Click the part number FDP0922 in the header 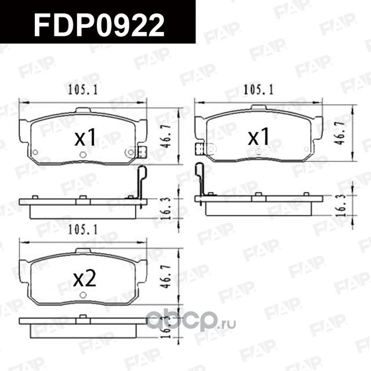point(99,23)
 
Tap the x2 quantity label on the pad point(85,279)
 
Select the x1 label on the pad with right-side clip point(85,138)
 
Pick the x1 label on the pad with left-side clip point(259,137)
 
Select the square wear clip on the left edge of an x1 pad point(199,149)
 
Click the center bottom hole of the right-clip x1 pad point(82,154)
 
